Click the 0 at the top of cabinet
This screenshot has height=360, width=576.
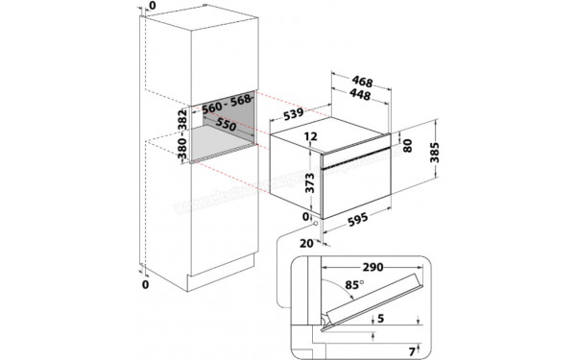click(x=146, y=7)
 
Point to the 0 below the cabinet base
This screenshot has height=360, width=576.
click(x=146, y=285)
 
